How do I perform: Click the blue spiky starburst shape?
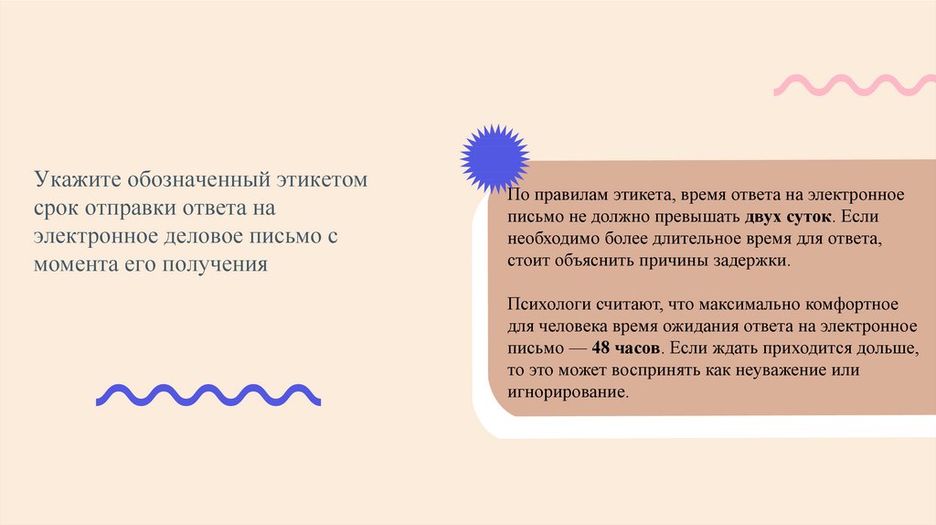coord(495,156)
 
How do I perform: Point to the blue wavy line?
coord(208,394)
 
